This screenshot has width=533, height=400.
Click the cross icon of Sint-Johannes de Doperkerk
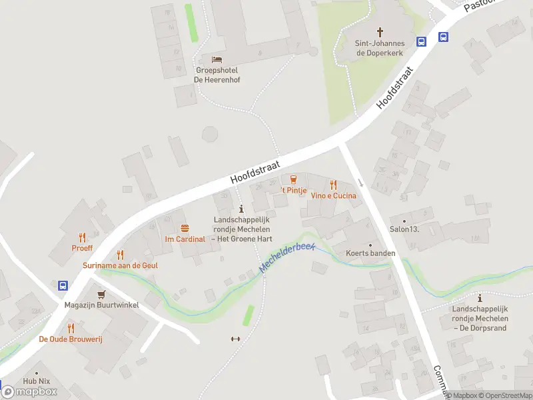[x=380, y=31]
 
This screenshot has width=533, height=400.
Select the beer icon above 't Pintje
[x=292, y=179]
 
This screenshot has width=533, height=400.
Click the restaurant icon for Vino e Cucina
[x=334, y=185]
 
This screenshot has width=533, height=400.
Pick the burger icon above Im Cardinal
[x=185, y=228]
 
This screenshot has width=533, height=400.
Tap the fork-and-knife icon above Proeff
[x=82, y=237]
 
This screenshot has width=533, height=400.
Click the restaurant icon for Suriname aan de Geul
[x=120, y=254]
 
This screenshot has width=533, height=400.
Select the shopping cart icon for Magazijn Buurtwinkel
[x=101, y=294]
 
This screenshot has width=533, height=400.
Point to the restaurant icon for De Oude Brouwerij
[x=70, y=328]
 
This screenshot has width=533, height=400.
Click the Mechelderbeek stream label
[x=286, y=257]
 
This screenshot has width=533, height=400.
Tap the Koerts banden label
[x=370, y=253]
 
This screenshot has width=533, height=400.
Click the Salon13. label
[x=404, y=229]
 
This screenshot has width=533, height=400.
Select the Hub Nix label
[x=37, y=381]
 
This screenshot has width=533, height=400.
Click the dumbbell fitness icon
[x=235, y=339]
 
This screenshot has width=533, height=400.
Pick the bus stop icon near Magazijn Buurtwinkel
[x=63, y=285]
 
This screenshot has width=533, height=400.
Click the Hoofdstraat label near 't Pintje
[x=255, y=171]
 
